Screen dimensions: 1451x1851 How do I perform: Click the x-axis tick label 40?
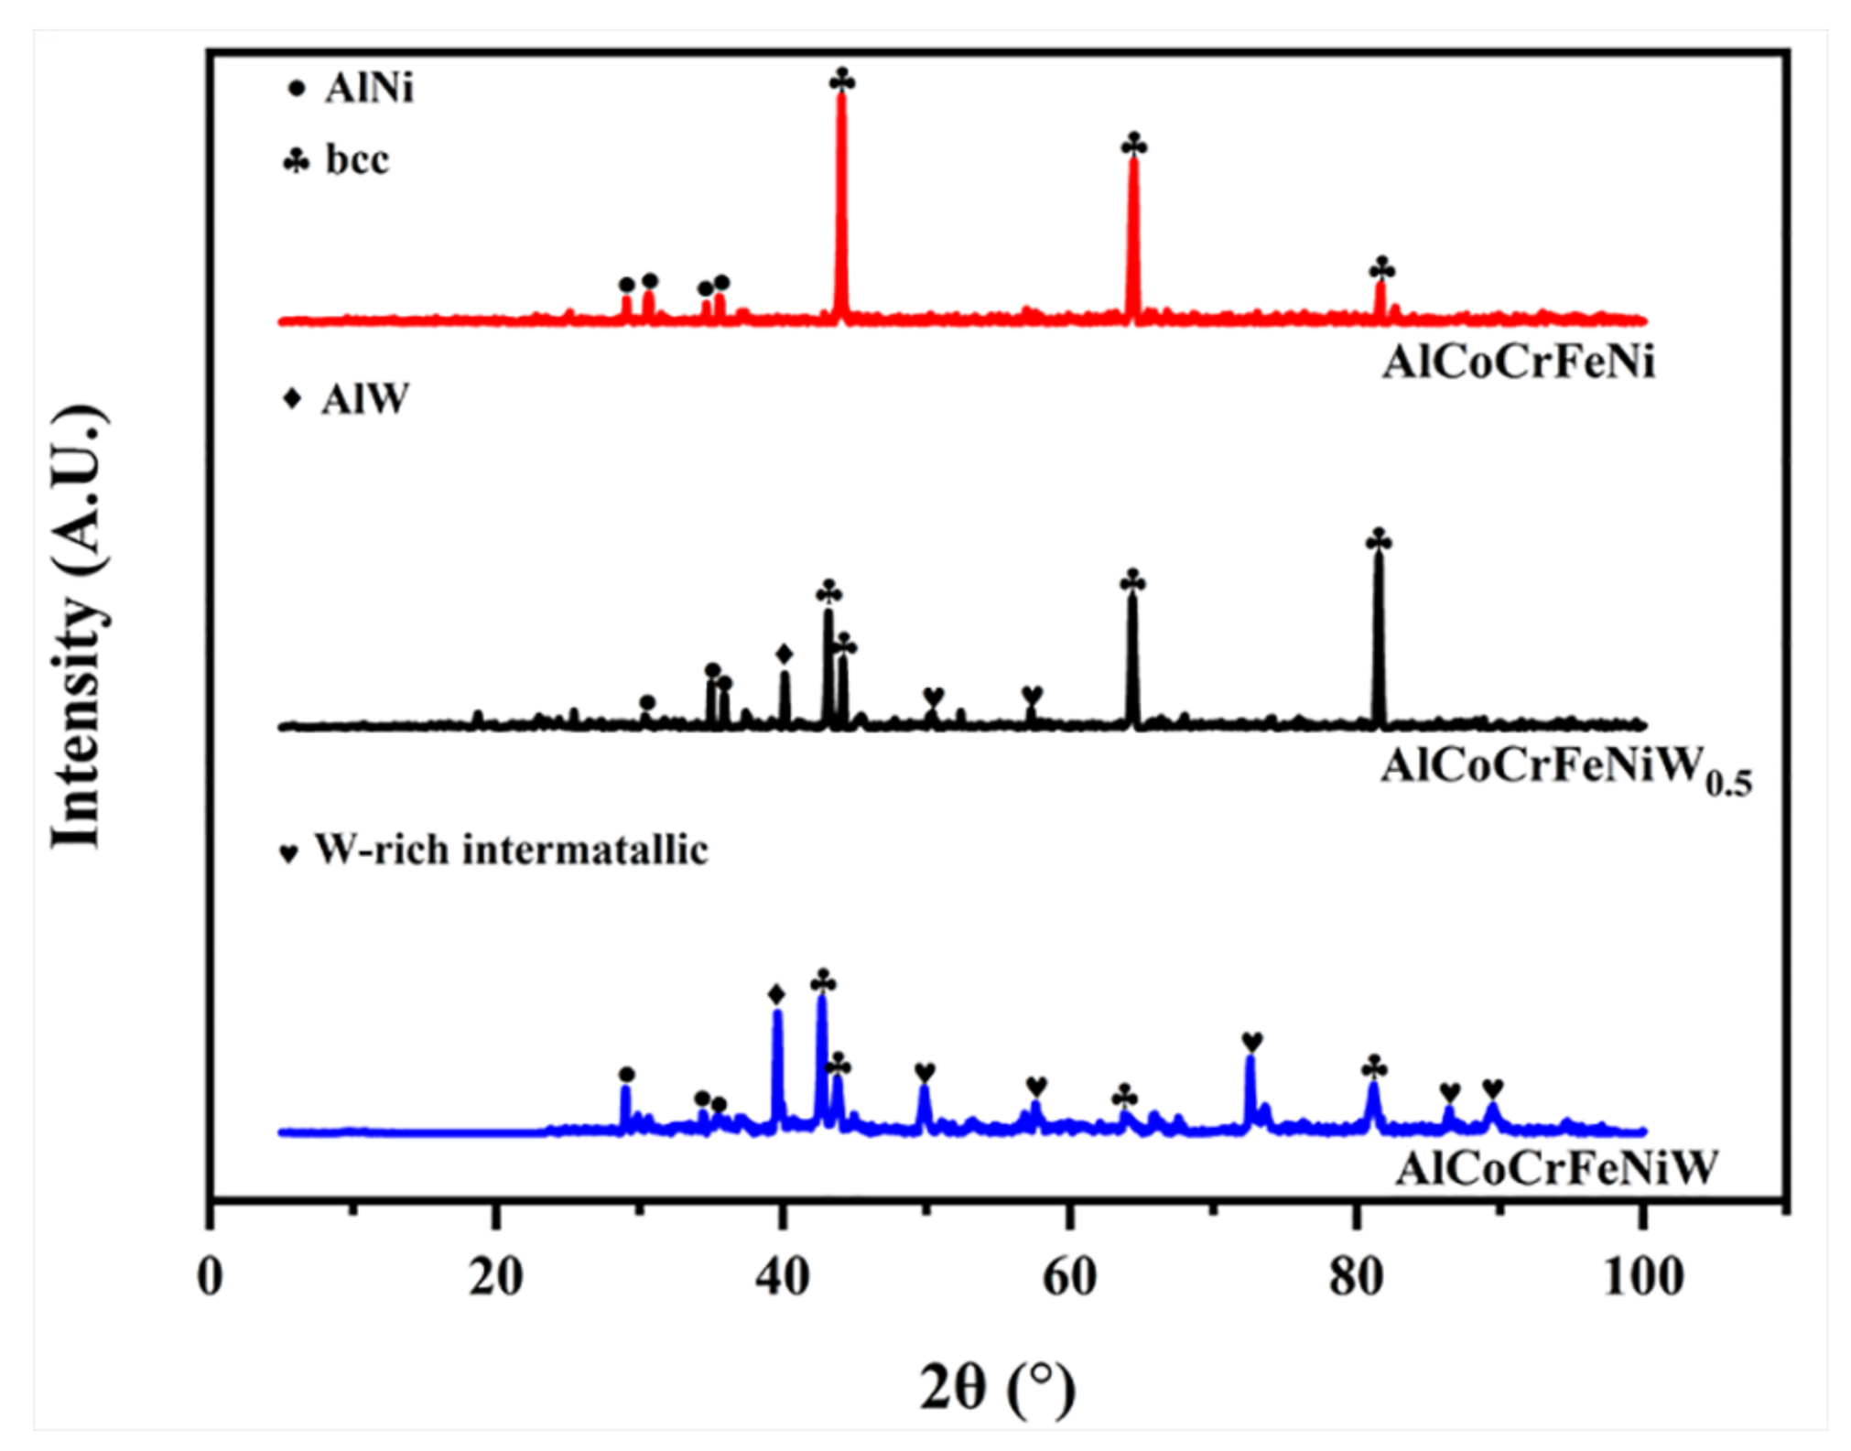coord(783,1276)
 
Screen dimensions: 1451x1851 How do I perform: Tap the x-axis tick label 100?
coord(1643,1276)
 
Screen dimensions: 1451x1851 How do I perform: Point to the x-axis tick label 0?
coord(211,1276)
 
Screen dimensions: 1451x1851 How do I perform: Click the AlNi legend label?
coord(369,89)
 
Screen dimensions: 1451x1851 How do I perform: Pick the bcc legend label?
coord(357,160)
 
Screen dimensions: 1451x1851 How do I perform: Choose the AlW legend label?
coord(364,400)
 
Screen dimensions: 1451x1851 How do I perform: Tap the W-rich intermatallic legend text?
coord(511,850)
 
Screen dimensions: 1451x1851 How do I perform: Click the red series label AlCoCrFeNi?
coord(1518,363)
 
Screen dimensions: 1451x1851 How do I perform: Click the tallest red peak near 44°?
coord(841,101)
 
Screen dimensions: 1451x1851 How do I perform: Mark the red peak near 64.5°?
coord(1133,165)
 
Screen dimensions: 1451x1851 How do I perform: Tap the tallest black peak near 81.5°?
coord(1379,558)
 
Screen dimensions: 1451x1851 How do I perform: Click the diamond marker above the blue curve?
coord(777,995)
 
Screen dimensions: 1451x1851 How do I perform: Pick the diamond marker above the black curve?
coord(785,655)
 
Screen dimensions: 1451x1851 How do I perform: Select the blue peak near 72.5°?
coord(1250,1062)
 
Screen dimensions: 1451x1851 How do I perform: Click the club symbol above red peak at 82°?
coord(1382,269)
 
